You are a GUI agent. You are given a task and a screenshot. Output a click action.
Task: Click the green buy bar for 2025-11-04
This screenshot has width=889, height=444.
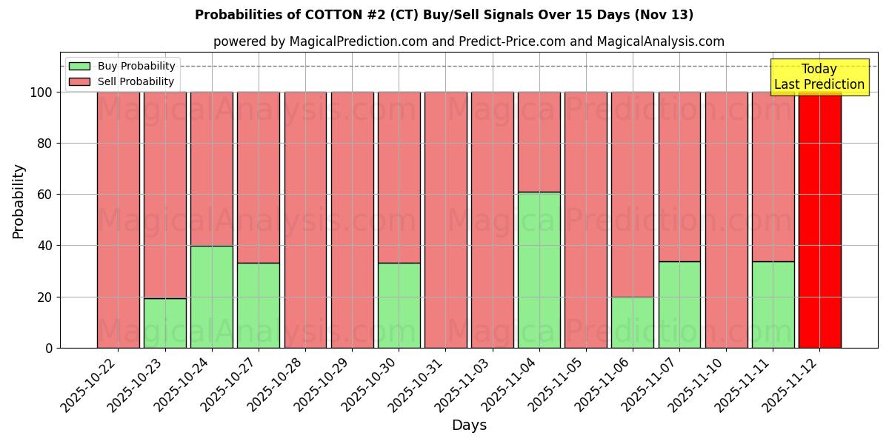coord(539,270)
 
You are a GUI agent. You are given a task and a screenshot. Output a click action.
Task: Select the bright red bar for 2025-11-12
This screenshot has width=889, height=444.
coord(819,220)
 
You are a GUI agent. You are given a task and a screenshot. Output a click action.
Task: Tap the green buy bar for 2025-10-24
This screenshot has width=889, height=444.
coord(212,297)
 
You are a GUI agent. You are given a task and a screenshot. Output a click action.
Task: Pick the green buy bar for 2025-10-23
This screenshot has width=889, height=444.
coord(165,323)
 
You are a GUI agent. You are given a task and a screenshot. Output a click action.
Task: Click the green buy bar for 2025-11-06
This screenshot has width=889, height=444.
coord(633,322)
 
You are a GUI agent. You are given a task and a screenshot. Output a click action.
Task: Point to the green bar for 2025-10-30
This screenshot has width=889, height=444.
coord(399,305)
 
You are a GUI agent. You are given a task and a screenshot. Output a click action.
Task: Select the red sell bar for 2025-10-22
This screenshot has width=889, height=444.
coord(119,220)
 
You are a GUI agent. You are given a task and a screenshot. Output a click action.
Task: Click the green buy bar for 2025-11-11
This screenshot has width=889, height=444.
coord(773,304)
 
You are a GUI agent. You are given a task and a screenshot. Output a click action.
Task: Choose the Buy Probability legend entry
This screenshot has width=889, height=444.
coord(122,66)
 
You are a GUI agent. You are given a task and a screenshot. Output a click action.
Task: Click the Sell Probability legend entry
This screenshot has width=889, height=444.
coord(122,81)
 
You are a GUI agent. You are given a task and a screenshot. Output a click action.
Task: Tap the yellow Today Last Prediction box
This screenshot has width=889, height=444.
coord(819,77)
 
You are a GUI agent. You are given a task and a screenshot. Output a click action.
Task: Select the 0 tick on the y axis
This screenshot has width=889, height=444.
coord(49,348)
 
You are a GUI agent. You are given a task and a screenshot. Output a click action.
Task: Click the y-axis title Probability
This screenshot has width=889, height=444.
coord(19,201)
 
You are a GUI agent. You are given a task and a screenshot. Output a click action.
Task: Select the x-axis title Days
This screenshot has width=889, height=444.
coord(469,425)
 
